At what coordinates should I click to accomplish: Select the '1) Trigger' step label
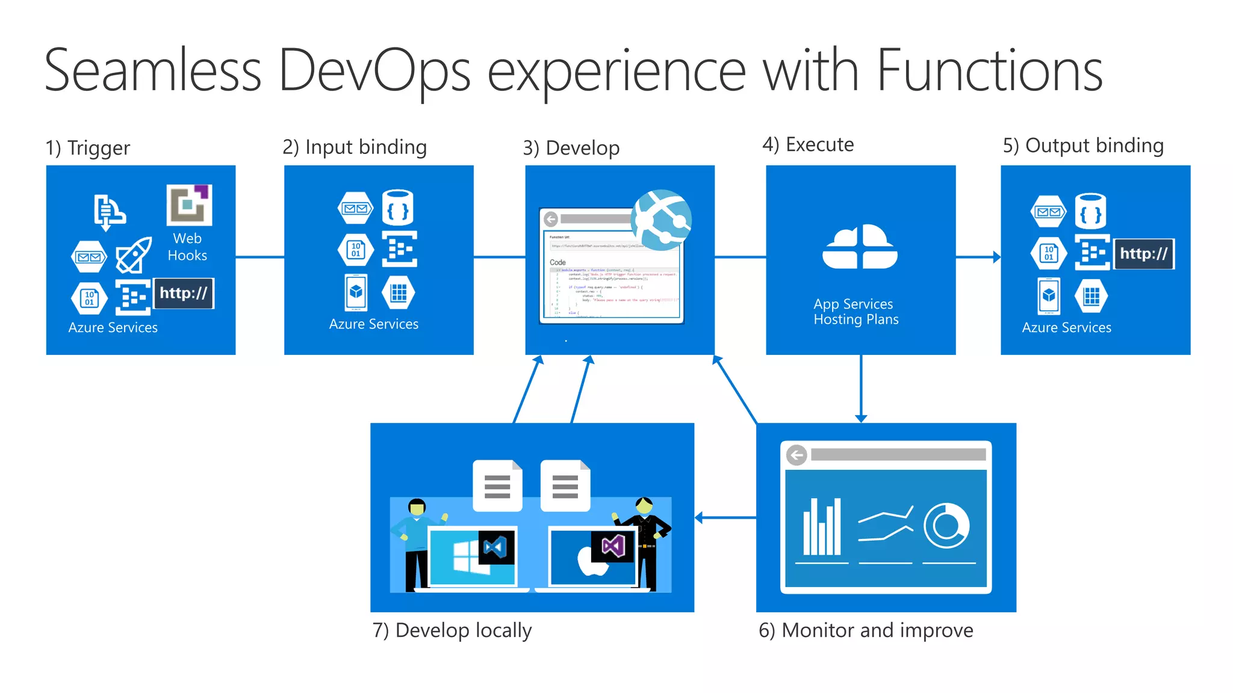click(88, 148)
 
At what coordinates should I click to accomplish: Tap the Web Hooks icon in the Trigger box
click(189, 205)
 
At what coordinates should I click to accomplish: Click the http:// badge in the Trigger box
click(184, 294)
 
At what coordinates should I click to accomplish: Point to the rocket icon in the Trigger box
click(133, 254)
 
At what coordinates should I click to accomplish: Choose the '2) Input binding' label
click(355, 147)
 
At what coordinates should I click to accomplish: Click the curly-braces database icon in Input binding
click(398, 208)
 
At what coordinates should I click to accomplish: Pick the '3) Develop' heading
click(571, 148)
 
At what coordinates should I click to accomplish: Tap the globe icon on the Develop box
click(662, 220)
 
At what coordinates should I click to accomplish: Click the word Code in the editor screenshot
click(557, 262)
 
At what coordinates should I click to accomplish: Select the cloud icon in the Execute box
click(860, 247)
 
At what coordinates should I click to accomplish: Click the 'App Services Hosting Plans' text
click(856, 312)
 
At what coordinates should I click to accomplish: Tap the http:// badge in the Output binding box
click(1143, 254)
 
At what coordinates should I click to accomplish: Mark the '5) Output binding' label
click(1083, 146)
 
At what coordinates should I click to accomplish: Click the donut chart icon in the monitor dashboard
click(946, 526)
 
